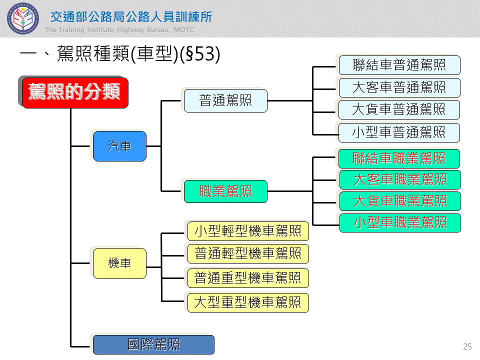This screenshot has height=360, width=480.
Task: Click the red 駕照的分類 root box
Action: pyautogui.click(x=74, y=92)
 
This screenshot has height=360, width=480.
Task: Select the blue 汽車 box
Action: pyautogui.click(x=119, y=146)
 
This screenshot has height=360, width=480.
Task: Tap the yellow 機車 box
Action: pyautogui.click(x=119, y=263)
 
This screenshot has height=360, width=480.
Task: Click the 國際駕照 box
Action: pyautogui.click(x=153, y=344)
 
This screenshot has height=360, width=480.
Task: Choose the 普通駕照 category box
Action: pyautogui.click(x=225, y=100)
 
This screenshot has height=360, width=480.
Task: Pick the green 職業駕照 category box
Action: pyautogui.click(x=225, y=191)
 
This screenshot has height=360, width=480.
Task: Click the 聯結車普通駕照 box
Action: pyautogui.click(x=399, y=65)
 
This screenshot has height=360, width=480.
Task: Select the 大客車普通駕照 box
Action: pyautogui.click(x=399, y=87)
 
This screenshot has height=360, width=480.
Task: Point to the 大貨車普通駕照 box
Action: pyautogui.click(x=399, y=109)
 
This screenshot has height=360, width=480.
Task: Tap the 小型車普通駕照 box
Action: pyautogui.click(x=399, y=132)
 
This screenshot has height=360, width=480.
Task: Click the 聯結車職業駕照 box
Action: pyautogui.click(x=399, y=158)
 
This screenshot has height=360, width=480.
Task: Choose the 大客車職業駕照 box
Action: pyautogui.click(x=400, y=179)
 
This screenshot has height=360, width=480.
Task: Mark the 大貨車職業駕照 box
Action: pyautogui.click(x=400, y=201)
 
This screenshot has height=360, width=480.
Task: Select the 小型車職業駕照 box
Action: pyautogui.click(x=400, y=222)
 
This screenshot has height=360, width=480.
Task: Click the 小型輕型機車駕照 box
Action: pyautogui.click(x=248, y=231)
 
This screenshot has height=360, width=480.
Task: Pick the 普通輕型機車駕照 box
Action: pyautogui.click(x=248, y=253)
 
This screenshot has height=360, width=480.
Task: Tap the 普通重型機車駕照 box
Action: pyautogui.click(x=248, y=278)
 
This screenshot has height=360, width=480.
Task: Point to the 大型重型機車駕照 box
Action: pyautogui.click(x=248, y=302)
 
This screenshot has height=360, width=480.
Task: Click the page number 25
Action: pyautogui.click(x=467, y=346)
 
